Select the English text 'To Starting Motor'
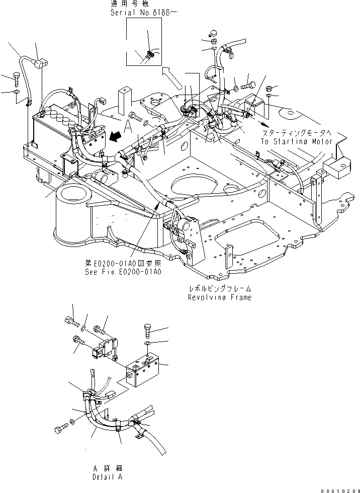pyautogui.click(x=296, y=141)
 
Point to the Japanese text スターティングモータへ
pyautogui.click(x=296, y=133)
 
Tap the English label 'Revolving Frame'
pyautogui.click(x=220, y=297)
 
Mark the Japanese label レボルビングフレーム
pyautogui.click(x=220, y=289)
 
